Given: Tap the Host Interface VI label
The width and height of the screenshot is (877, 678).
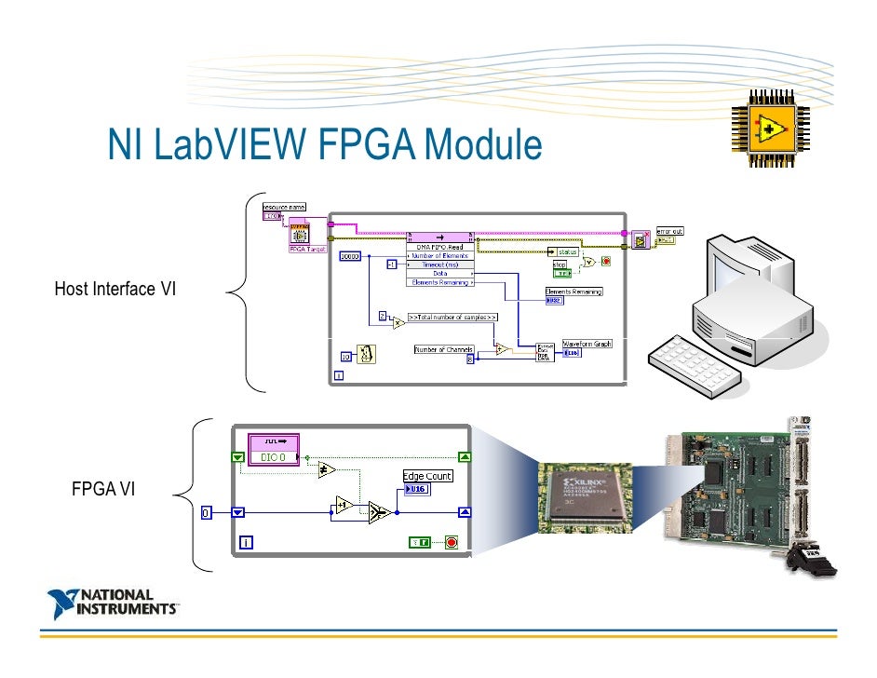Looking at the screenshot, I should [115, 289].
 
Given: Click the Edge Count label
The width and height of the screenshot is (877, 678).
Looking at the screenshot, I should [427, 476].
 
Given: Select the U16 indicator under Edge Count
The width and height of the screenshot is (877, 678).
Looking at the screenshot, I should [416, 489].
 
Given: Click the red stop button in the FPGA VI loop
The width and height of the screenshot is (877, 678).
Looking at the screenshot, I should [452, 542].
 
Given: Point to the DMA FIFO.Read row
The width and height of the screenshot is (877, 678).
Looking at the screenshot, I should [439, 246].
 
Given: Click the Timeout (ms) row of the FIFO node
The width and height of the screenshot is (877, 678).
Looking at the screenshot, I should [439, 264].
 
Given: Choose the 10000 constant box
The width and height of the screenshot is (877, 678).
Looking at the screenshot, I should [350, 256].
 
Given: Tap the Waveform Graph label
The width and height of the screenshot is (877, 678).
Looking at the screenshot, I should [587, 344].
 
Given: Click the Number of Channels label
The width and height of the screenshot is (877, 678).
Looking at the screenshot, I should [444, 349].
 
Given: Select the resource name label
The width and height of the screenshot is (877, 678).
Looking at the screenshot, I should [284, 207].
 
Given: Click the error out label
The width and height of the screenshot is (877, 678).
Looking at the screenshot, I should [668, 230].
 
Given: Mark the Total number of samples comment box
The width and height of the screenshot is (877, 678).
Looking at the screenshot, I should [452, 317].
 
